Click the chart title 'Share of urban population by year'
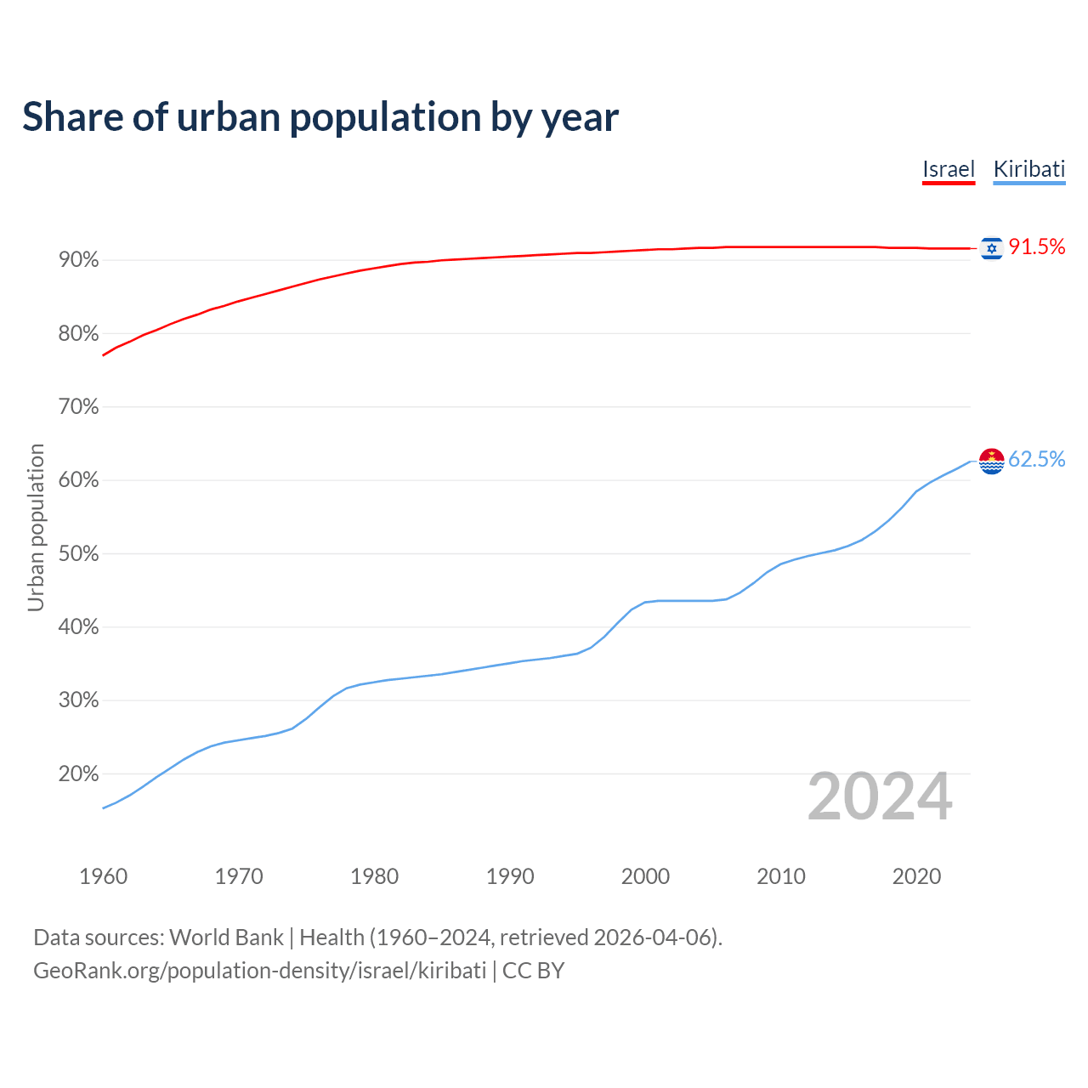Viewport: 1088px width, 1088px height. pyautogui.click(x=320, y=117)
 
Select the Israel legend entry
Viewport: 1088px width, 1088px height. pyautogui.click(x=948, y=169)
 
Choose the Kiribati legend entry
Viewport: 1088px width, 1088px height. pyautogui.click(x=1028, y=169)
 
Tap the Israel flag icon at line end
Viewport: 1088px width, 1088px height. pyautogui.click(x=991, y=247)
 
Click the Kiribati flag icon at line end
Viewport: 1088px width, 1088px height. pyautogui.click(x=991, y=461)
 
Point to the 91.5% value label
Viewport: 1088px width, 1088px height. pyautogui.click(x=1036, y=247)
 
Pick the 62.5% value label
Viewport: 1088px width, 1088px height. pyautogui.click(x=1036, y=460)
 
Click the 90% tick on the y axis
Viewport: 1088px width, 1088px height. pyautogui.click(x=79, y=260)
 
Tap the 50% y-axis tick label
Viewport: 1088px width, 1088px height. pyautogui.click(x=79, y=554)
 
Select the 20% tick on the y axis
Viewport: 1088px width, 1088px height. pyautogui.click(x=79, y=774)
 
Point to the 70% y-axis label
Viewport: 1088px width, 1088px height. pyautogui.click(x=79, y=407)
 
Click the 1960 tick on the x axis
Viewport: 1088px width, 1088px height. pyautogui.click(x=103, y=876)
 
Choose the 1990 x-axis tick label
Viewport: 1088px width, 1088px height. pyautogui.click(x=510, y=876)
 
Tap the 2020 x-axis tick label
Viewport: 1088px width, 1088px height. pyautogui.click(x=916, y=876)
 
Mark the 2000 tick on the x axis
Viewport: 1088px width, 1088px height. pyautogui.click(x=645, y=876)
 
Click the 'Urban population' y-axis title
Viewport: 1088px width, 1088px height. pyautogui.click(x=36, y=527)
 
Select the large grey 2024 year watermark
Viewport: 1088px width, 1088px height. pyautogui.click(x=879, y=797)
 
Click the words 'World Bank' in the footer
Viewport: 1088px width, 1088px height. pyautogui.click(x=226, y=938)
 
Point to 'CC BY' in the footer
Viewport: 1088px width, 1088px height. pyautogui.click(x=533, y=971)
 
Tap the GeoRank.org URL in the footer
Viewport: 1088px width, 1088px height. pyautogui.click(x=259, y=971)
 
